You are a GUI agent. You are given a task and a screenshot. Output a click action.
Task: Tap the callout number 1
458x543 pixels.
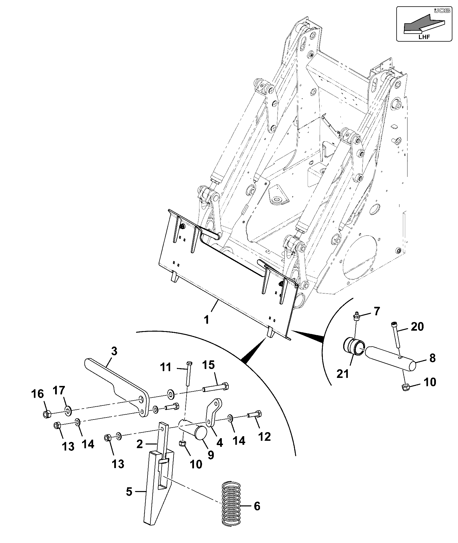click(x=206, y=319)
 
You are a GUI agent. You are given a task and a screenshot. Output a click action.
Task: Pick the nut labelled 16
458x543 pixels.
click(x=47, y=414)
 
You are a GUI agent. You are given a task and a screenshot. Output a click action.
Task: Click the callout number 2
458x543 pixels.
click(x=139, y=452)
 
